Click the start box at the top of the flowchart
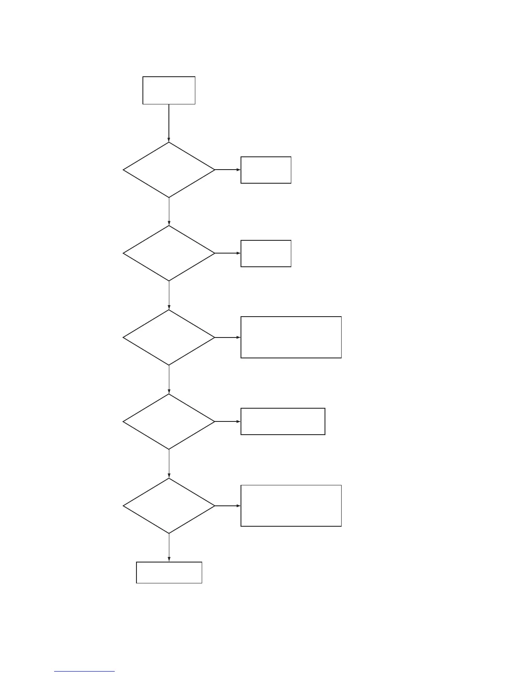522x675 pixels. coord(169,90)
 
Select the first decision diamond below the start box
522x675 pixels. coord(169,170)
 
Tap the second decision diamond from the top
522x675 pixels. coord(169,253)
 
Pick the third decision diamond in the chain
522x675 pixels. coord(169,337)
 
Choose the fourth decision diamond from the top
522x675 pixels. coord(169,421)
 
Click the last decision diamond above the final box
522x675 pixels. coord(169,506)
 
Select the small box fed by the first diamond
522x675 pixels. coord(266,170)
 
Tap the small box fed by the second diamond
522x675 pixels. coord(266,254)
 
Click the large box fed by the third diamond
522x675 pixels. coord(291,337)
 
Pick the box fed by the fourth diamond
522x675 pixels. coord(283,421)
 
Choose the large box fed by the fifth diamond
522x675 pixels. coord(291,506)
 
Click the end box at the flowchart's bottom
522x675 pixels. coord(169,572)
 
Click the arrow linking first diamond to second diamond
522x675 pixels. coord(169,211)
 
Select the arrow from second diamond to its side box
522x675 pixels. coord(228,253)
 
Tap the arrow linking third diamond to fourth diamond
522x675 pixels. coord(169,379)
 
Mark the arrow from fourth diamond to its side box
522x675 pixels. coord(228,421)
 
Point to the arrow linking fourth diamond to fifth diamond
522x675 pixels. coord(169,464)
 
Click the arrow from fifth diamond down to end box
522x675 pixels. coord(169,548)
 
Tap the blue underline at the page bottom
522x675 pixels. coord(84,672)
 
